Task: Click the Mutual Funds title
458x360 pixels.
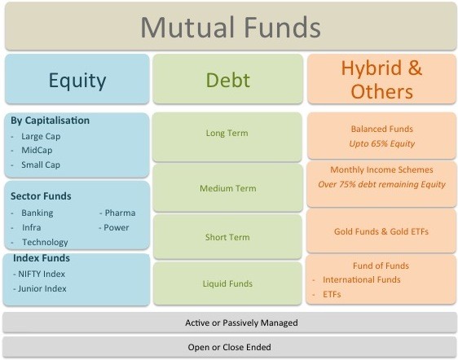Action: [231, 27]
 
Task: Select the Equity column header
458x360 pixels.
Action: [77, 81]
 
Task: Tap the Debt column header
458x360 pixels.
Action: [228, 80]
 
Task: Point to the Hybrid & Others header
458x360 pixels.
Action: [381, 80]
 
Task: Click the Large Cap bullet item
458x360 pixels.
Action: [41, 136]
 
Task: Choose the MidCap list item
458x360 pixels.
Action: [37, 151]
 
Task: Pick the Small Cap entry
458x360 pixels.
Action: [41, 165]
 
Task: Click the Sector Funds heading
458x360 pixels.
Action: [41, 196]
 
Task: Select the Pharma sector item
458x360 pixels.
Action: [120, 213]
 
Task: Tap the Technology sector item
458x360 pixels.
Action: [45, 242]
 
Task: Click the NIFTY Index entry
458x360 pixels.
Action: [42, 274]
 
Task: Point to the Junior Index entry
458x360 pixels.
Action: [42, 288]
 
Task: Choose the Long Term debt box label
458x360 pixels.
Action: [227, 133]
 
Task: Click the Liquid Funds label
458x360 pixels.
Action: [227, 283]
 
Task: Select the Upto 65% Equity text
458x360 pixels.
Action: [381, 143]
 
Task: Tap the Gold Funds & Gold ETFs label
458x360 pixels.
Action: [381, 231]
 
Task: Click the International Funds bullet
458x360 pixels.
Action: [362, 279]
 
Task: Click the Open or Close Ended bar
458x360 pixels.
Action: [229, 347]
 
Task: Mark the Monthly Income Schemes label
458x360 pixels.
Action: [381, 169]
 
